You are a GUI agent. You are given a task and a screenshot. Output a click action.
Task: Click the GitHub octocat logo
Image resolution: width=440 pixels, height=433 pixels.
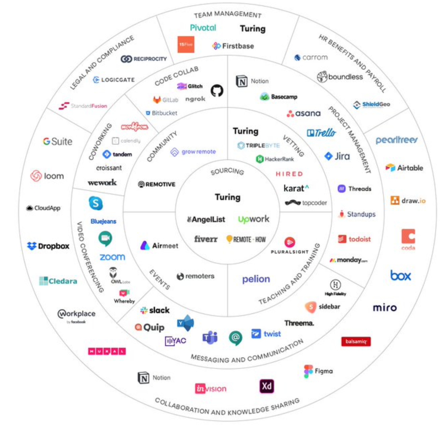[217, 91]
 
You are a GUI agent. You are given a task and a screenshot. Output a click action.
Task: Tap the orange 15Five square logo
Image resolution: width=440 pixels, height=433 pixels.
[186, 45]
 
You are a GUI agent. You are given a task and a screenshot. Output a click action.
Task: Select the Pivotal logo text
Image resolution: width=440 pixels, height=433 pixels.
[203, 28]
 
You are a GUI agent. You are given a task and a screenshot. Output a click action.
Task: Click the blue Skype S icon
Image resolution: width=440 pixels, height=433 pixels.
[96, 203]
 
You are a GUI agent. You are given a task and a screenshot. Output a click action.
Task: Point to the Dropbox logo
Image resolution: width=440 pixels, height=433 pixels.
[48, 246]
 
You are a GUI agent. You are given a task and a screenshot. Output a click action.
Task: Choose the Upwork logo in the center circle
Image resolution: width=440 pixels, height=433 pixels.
[253, 219]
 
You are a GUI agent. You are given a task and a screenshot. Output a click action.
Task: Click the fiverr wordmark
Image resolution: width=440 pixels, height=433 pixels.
[206, 239]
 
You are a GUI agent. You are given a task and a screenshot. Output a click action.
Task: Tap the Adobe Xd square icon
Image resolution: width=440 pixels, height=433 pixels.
[266, 386]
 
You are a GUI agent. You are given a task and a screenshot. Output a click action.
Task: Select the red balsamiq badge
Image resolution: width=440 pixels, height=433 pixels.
[356, 341]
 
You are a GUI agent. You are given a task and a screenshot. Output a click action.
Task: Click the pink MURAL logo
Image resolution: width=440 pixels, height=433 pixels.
[107, 351]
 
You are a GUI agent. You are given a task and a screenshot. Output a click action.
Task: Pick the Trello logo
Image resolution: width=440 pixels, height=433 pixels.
[321, 133]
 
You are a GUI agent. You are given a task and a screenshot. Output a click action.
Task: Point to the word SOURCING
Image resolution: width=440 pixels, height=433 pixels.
[227, 171]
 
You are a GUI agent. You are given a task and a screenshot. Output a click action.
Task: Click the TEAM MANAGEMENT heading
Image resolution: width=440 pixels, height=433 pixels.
[227, 14]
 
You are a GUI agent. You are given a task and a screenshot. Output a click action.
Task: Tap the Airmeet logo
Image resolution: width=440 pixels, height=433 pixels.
[159, 246]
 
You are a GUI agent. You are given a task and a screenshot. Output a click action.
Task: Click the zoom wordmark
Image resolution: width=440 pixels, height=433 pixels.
[112, 257]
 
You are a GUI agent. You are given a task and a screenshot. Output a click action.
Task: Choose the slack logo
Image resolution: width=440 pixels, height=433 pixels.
[155, 310]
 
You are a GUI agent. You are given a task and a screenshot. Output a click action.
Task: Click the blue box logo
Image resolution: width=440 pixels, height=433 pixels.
[400, 275]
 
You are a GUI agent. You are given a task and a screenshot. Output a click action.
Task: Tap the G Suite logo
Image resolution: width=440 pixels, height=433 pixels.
[58, 142]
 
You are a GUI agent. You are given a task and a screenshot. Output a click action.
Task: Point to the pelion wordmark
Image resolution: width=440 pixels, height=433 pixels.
[256, 279]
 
